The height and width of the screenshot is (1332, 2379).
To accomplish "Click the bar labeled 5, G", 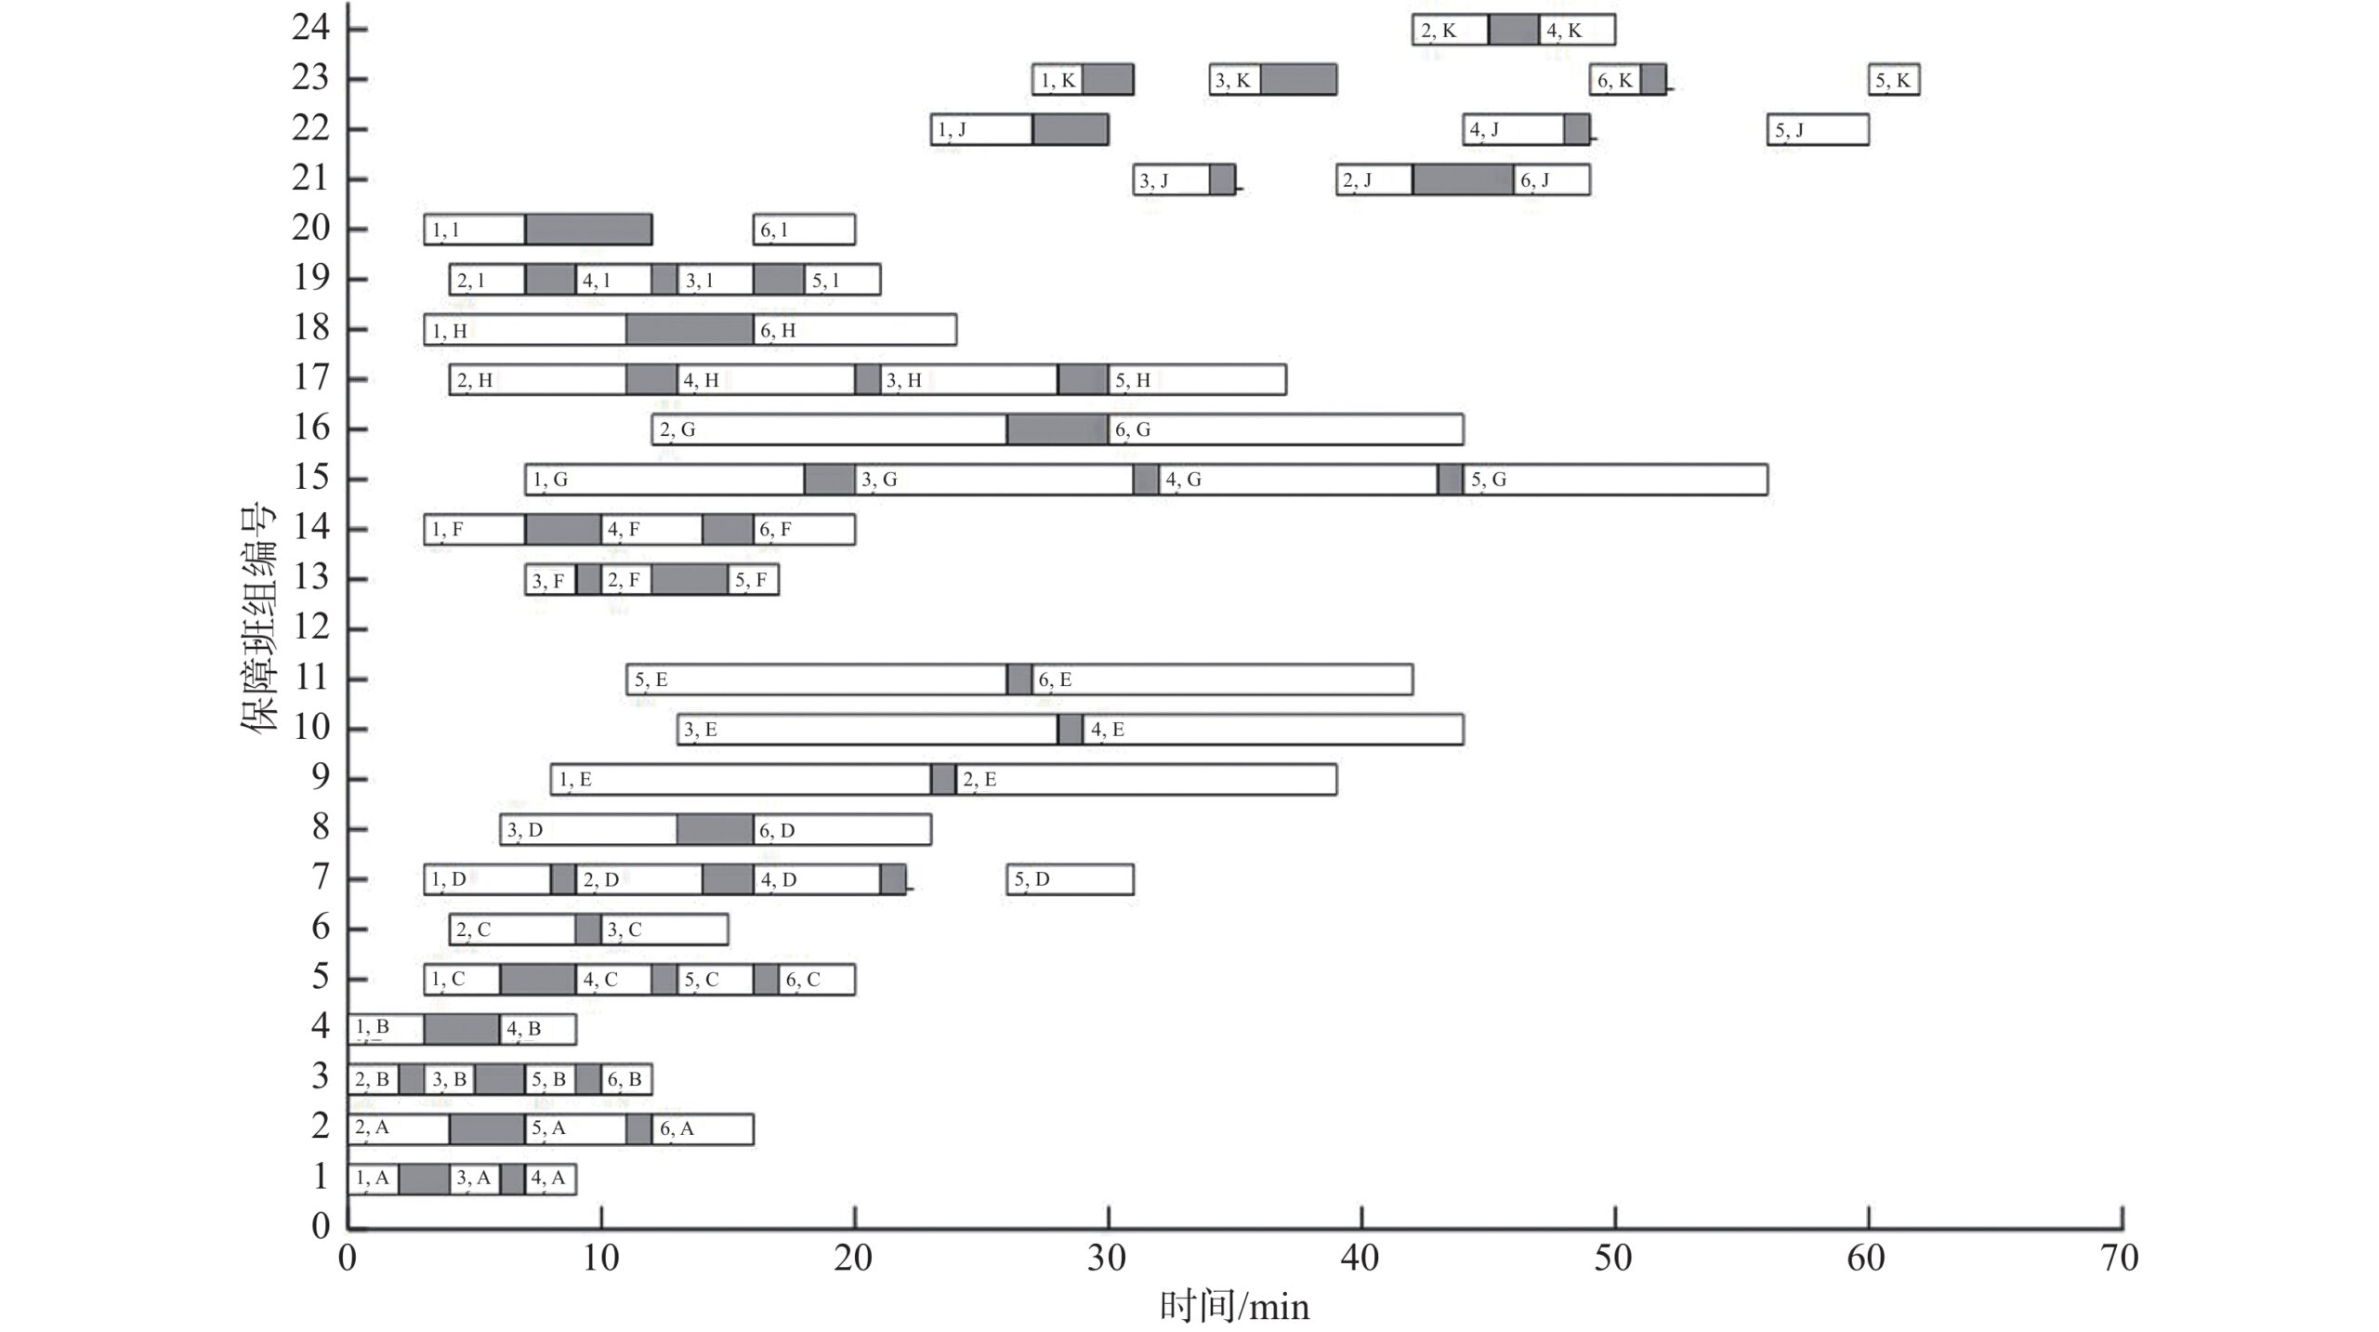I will pyautogui.click(x=1614, y=480).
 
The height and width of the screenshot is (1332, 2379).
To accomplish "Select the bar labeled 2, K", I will pyautogui.click(x=1450, y=30).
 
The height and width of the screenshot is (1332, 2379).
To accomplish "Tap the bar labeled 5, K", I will pyautogui.click(x=1894, y=80).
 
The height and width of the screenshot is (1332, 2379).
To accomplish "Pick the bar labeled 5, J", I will pyautogui.click(x=1818, y=130).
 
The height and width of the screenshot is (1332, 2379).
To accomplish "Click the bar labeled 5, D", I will pyautogui.click(x=1070, y=879).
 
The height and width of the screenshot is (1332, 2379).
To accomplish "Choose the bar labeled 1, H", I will pyautogui.click(x=525, y=330).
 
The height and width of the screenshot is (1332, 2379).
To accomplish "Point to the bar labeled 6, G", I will pyautogui.click(x=1285, y=429).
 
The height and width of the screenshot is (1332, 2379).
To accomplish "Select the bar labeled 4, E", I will pyautogui.click(x=1272, y=730).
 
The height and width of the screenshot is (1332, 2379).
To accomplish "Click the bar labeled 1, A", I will pyautogui.click(x=374, y=1179).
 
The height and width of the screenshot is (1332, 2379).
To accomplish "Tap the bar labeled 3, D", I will pyautogui.click(x=588, y=830).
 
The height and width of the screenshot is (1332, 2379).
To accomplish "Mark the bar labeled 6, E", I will pyautogui.click(x=1222, y=679).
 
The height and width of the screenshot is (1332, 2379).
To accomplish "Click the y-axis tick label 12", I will pyautogui.click(x=311, y=627).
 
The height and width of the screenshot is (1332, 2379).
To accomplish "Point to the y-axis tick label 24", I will pyautogui.click(x=311, y=28).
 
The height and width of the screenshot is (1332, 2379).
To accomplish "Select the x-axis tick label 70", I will pyautogui.click(x=2120, y=1259).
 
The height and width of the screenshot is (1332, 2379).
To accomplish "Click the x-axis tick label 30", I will pyautogui.click(x=1107, y=1259).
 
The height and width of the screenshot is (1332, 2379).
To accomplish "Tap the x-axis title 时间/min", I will pyautogui.click(x=1234, y=1307).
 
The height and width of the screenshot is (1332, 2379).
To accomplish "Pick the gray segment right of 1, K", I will pyautogui.click(x=1108, y=80).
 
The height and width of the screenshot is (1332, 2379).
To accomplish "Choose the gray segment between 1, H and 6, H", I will pyautogui.click(x=690, y=330).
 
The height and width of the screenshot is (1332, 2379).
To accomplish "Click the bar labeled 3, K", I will pyautogui.click(x=1235, y=80).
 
